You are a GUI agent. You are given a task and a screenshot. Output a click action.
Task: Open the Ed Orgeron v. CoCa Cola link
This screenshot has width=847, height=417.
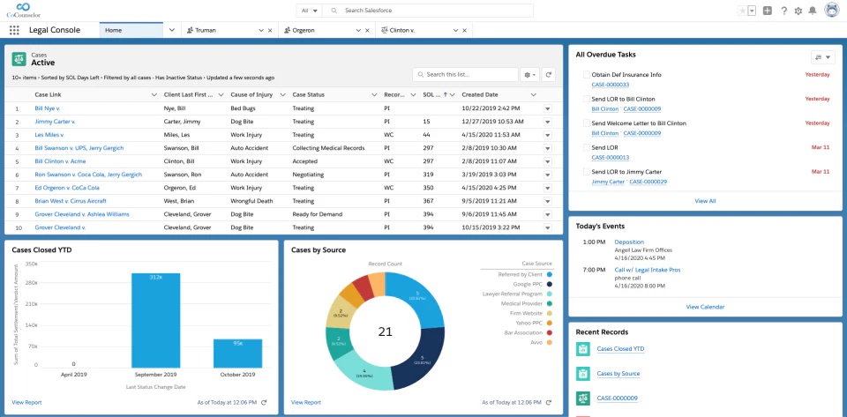coord(67,188)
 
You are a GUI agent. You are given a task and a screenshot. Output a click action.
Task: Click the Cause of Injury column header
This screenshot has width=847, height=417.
coord(251,94)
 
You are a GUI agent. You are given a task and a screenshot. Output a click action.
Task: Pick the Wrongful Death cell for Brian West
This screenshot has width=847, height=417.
coord(252,201)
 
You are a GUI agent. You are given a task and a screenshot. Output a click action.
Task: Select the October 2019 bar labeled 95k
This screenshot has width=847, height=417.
coord(237,353)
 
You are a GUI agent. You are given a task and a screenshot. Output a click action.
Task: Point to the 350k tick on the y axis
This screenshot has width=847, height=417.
coord(31,264)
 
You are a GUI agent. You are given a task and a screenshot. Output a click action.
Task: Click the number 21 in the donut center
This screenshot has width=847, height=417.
coord(385,331)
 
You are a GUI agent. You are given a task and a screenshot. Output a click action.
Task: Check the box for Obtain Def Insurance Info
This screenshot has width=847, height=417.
coord(587,75)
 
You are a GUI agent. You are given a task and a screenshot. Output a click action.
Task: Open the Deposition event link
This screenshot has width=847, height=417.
coord(629,242)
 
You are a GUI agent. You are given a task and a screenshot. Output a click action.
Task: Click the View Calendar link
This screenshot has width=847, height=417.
coord(705,307)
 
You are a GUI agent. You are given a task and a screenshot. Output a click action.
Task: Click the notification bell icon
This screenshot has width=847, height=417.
coord(812,11)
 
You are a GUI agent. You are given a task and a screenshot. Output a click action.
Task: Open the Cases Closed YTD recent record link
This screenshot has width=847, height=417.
coord(620,349)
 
